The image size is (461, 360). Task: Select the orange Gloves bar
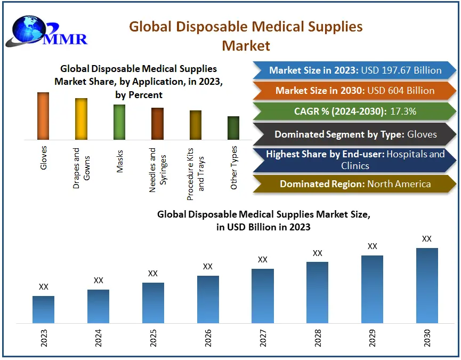coord(43,116)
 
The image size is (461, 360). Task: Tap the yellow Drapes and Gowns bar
coord(81,118)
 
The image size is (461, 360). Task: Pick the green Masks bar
coord(119,122)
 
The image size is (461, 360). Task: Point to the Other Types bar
coord(233,128)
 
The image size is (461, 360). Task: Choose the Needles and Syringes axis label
coord(158,170)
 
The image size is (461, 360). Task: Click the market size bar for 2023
coord(43,309)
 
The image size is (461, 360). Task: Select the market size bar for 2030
coord(427,285)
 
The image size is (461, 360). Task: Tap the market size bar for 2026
coord(208,299)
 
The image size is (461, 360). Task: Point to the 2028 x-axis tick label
coord(318,338)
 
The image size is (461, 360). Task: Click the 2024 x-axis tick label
coord(98,338)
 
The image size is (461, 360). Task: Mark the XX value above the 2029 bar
coord(373,246)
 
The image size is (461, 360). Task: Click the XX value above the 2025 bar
coord(153,274)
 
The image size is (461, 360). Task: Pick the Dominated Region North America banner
coord(355,184)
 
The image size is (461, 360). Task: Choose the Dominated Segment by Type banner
coord(355,134)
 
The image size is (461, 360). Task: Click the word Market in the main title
coord(246,45)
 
